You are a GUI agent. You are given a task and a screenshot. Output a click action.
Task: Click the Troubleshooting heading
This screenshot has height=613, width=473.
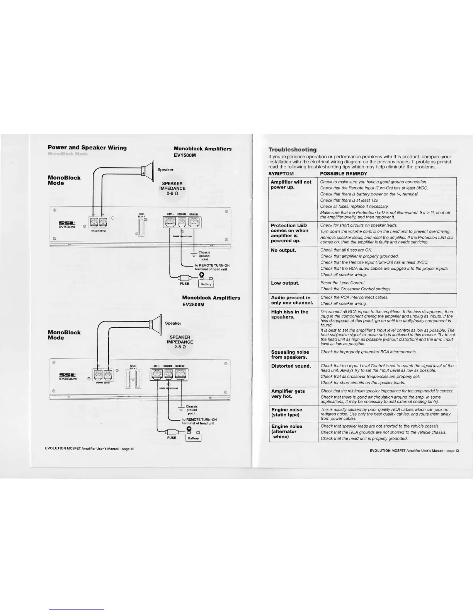coord(293,150)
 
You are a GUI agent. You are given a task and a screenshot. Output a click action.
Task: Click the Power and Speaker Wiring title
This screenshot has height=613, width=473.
coord(87,147)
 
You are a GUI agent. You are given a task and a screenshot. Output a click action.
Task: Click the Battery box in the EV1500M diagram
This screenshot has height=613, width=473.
coord(206,284)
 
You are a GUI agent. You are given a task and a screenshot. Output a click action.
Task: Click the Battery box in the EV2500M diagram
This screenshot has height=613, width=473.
coord(193,438)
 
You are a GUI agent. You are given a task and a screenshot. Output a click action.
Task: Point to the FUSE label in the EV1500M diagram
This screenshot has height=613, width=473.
coord(184,284)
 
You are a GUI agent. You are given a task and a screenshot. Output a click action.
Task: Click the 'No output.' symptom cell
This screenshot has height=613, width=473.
coord(284,250)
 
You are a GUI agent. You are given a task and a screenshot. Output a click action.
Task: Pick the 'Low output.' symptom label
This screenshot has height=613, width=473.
coord(285,283)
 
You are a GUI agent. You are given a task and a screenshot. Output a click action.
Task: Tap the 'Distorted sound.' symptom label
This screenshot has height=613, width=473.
coord(291,366)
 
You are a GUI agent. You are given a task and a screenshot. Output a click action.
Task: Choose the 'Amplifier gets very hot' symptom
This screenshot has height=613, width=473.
coord(288,394)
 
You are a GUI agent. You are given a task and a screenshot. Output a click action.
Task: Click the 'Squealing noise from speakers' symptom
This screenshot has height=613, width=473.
coord(290,354)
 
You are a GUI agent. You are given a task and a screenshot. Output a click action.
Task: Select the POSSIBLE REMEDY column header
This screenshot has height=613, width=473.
coord(344,174)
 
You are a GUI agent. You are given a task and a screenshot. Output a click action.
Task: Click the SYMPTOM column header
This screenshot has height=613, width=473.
coord(281,174)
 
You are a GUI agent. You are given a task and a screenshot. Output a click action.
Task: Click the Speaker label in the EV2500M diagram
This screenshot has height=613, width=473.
coord(173,323)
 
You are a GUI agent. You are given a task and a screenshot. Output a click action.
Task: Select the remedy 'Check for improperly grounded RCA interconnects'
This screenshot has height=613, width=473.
coord(368,352)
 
